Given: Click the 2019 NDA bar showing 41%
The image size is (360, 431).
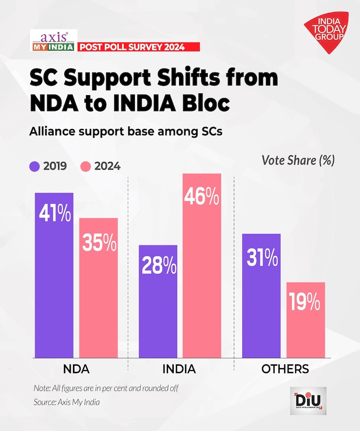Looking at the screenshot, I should pos(54,275).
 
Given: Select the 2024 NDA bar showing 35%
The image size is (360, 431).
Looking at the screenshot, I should pos(98,288).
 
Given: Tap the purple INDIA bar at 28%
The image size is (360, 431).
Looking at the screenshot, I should pos(158,301).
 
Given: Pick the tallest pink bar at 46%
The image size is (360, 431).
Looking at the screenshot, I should pos(202,265).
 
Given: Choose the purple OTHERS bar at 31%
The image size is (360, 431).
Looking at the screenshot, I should pos(261,296).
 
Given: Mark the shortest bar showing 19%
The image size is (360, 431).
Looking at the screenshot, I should pos(306,320).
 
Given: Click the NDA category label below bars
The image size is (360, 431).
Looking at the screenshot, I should pos(76,369).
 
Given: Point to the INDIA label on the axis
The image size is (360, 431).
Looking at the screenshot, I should pos(179,369).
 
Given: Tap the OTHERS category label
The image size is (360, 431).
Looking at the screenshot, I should pos(285,369).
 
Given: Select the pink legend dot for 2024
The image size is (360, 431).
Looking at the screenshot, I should pos(85,167).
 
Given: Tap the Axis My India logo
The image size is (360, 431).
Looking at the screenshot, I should pos(52,40).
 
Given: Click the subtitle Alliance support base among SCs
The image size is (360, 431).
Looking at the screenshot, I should pos(126,131).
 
